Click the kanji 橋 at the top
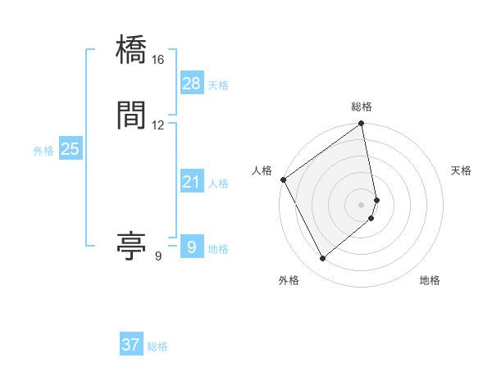[132, 51]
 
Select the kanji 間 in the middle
[132, 115]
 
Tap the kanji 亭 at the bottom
[132, 247]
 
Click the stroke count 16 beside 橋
[157, 61]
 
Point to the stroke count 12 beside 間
[157, 125]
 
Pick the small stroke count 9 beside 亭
[157, 257]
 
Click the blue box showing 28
[191, 84]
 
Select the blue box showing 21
[191, 182]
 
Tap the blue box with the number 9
[191, 247]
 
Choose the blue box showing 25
[71, 149]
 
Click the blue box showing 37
[131, 345]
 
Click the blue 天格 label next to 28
[218, 85]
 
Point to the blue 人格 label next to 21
[218, 183]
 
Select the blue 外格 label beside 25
[43, 151]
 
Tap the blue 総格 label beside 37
[157, 346]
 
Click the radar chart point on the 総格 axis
[362, 125]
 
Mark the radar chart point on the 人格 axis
[284, 179]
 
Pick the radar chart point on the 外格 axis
[323, 259]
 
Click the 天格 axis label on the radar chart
[462, 170]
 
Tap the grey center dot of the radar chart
[362, 204]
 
